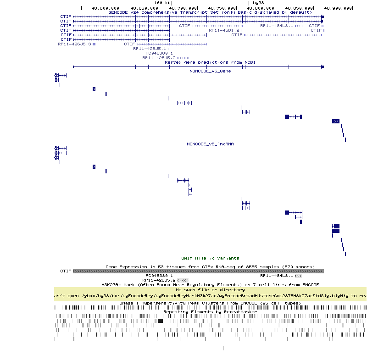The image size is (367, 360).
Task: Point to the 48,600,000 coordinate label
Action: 106,8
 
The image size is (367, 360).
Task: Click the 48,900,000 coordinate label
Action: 338,8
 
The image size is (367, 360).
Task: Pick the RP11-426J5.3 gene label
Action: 74,44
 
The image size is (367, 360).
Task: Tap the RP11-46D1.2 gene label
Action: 224,30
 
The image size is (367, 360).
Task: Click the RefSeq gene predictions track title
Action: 210,62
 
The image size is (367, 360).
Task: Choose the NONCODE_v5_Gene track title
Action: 210,71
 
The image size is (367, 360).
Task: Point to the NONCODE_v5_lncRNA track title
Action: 210,144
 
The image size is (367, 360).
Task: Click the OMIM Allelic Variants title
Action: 210,258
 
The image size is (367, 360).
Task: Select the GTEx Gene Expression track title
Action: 210,266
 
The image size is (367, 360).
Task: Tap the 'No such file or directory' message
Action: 210,290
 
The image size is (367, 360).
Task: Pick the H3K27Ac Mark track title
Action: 210,285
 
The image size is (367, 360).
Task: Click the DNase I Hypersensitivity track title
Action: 210,303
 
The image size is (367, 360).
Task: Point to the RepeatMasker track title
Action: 210,312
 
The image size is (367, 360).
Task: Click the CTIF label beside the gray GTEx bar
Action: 66,271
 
